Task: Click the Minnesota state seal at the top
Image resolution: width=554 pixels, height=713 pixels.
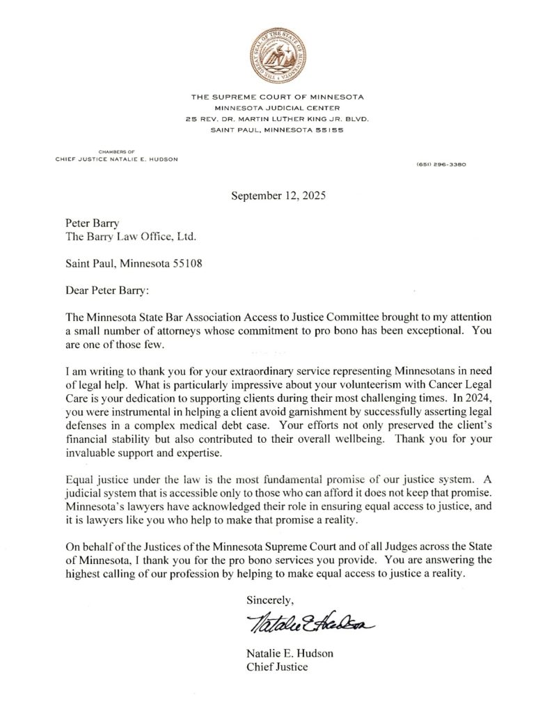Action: pyautogui.click(x=278, y=54)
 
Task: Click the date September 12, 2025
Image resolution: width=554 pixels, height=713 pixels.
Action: pyautogui.click(x=278, y=196)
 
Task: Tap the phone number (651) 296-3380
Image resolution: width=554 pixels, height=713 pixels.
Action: pyautogui.click(x=441, y=164)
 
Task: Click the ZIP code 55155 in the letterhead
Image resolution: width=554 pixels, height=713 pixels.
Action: pyautogui.click(x=329, y=130)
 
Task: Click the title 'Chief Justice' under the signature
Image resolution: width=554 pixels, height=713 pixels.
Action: pyautogui.click(x=277, y=667)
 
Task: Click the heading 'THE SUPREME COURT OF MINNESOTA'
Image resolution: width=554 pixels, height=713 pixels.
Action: pyautogui.click(x=278, y=97)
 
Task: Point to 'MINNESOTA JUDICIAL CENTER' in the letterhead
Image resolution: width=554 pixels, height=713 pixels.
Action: pyautogui.click(x=278, y=108)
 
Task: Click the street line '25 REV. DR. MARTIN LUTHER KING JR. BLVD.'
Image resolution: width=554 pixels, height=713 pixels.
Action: pyautogui.click(x=278, y=119)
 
